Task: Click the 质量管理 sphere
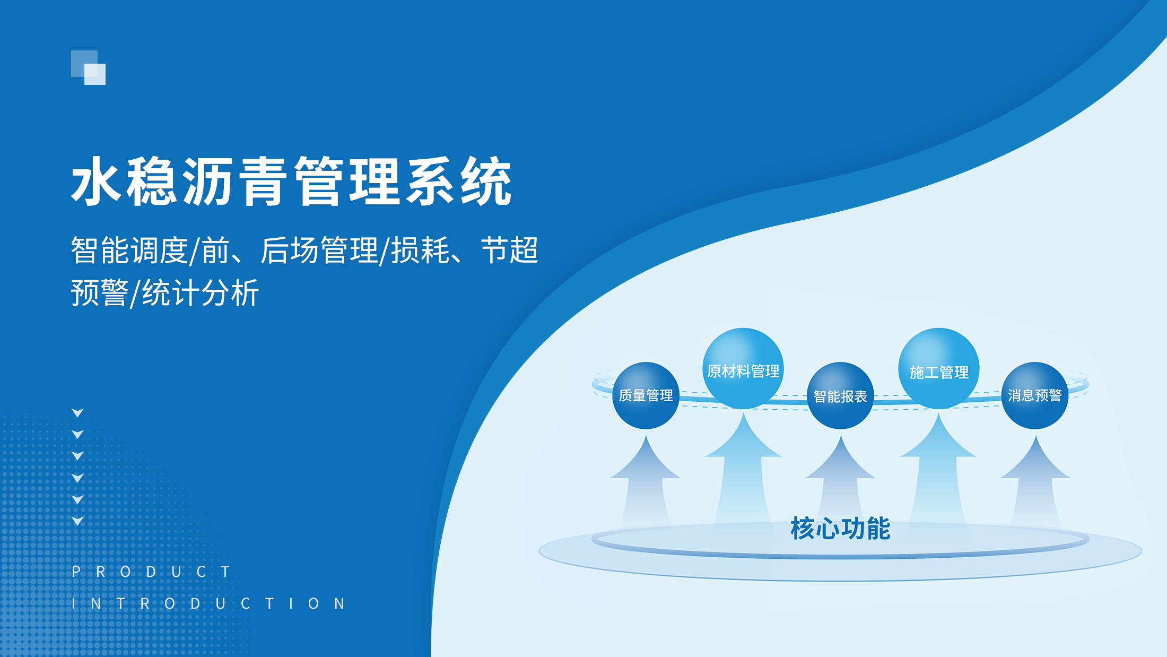click(646, 395)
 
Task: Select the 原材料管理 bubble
click(743, 368)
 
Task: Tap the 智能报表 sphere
click(840, 395)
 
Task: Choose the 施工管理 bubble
click(938, 368)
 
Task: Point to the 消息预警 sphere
click(1035, 395)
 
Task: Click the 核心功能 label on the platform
click(840, 528)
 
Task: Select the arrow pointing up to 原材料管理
click(743, 470)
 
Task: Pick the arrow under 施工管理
click(938, 470)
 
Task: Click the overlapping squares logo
click(88, 67)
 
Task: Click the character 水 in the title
click(97, 181)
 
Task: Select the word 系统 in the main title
click(459, 181)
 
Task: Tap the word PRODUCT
click(151, 572)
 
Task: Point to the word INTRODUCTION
click(208, 603)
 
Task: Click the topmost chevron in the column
click(77, 413)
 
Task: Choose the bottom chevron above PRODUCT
click(77, 521)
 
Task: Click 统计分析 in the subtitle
click(201, 292)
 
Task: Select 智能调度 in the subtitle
click(129, 250)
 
